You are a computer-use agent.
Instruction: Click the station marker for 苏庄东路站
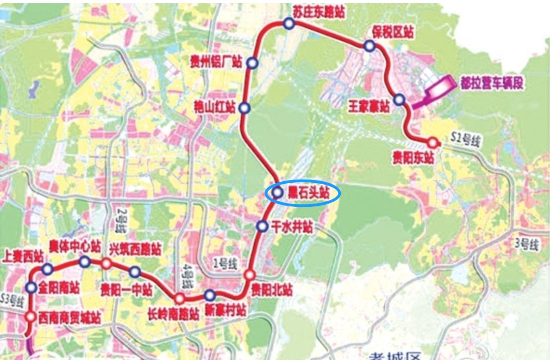pos(289,24)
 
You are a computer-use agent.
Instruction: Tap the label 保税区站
pos(393,32)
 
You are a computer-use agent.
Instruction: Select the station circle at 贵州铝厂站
pos(252,63)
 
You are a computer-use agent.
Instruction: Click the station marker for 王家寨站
pos(399,99)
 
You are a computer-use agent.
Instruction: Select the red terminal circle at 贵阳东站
pos(433,143)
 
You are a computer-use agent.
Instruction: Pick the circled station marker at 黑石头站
pos(277,193)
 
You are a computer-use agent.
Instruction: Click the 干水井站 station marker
pos(262,226)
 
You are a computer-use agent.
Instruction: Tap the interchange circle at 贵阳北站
pos(249,275)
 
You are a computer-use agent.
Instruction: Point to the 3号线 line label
pos(527,244)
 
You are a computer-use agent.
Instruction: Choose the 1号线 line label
pos(225,264)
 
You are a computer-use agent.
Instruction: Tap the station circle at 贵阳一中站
pos(134,272)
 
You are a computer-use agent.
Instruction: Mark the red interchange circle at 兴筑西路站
pos(106,264)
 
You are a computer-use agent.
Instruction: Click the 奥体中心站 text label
pos(75,246)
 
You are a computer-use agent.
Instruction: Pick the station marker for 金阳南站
pos(31,287)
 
